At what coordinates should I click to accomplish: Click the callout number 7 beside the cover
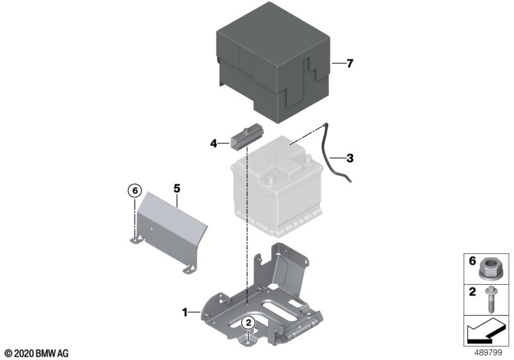350,63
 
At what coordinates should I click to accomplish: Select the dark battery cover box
273,62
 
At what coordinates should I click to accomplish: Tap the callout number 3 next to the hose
350,158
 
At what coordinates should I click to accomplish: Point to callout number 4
214,143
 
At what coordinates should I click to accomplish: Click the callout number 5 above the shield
177,188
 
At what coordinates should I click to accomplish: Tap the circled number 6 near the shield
135,190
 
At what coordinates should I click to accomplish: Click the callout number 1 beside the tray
185,312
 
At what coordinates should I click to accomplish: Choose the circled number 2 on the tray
248,323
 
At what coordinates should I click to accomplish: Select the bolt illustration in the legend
491,300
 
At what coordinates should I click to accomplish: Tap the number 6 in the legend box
472,261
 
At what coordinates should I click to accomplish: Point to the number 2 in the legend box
472,291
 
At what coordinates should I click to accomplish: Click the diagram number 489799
488,353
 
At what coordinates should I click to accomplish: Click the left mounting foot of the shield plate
137,239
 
